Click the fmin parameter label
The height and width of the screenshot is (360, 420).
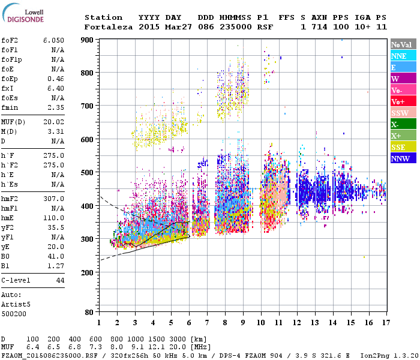pos(10,108)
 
